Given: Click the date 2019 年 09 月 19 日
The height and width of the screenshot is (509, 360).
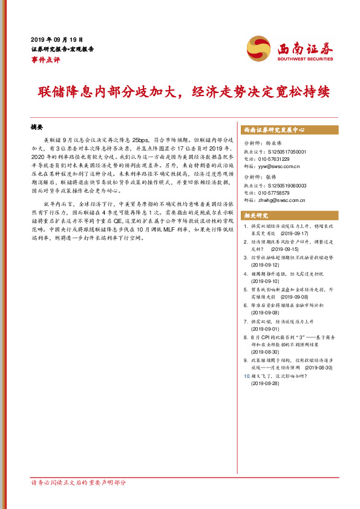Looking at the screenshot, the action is [x=57, y=37].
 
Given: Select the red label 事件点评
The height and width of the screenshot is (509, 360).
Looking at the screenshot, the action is [x=45, y=59].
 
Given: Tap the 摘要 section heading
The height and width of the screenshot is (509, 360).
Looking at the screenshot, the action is [x=37, y=128].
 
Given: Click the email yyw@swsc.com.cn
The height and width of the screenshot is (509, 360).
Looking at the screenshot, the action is [x=283, y=164].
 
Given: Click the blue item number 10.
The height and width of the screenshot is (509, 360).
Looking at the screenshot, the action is [x=245, y=375].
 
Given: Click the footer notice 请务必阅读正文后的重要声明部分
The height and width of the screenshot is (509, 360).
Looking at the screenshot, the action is [x=78, y=483].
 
